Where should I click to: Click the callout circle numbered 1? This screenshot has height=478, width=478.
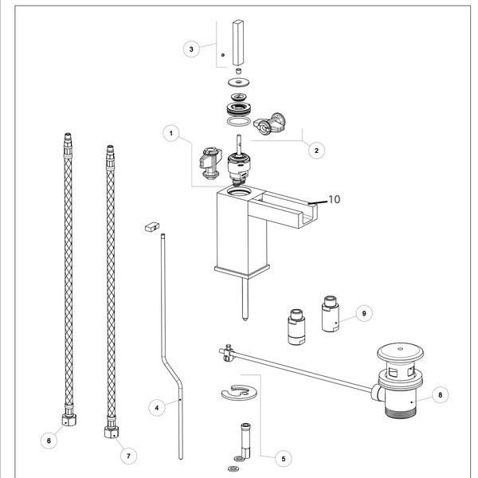tap(170, 133)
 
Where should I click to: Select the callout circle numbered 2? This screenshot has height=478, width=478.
tap(316, 149)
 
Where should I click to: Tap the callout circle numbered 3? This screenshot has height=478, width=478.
tap(191, 49)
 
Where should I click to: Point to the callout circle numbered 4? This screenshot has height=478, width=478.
tap(157, 407)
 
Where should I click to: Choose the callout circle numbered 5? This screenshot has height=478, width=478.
tap(283, 458)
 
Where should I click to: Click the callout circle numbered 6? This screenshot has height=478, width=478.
tap(49, 439)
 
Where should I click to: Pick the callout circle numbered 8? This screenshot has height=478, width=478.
tap(441, 394)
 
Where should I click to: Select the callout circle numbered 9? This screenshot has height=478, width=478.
tap(363, 313)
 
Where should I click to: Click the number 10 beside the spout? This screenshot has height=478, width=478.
tap(334, 199)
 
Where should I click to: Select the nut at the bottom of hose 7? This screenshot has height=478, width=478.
tap(111, 433)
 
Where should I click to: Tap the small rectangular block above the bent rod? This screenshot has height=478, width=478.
tap(149, 227)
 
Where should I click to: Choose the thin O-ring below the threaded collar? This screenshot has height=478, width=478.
tap(237, 121)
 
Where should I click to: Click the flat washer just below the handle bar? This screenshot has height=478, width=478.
tap(237, 82)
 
